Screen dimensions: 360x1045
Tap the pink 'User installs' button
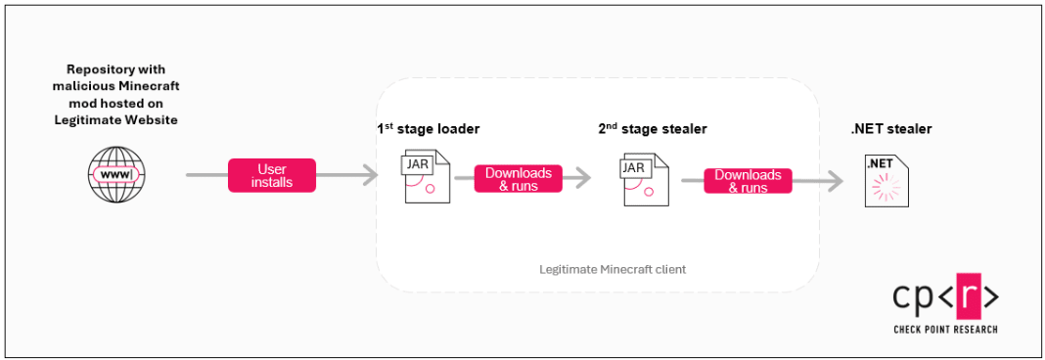coord(272,175)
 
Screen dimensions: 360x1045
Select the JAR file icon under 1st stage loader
coord(425,176)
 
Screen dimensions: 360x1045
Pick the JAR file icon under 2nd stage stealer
coord(643,178)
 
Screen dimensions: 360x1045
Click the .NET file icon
coord(886,179)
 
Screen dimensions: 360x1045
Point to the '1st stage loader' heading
coord(429,128)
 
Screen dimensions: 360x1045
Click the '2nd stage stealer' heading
coord(652,128)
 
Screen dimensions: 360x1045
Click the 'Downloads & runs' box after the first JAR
coord(519,179)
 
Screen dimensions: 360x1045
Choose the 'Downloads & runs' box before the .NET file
coord(748,181)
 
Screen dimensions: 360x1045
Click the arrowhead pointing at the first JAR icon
coord(371,176)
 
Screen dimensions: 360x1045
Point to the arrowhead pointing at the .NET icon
coord(836,181)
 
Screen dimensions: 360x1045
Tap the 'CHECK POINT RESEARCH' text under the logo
coord(945,330)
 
